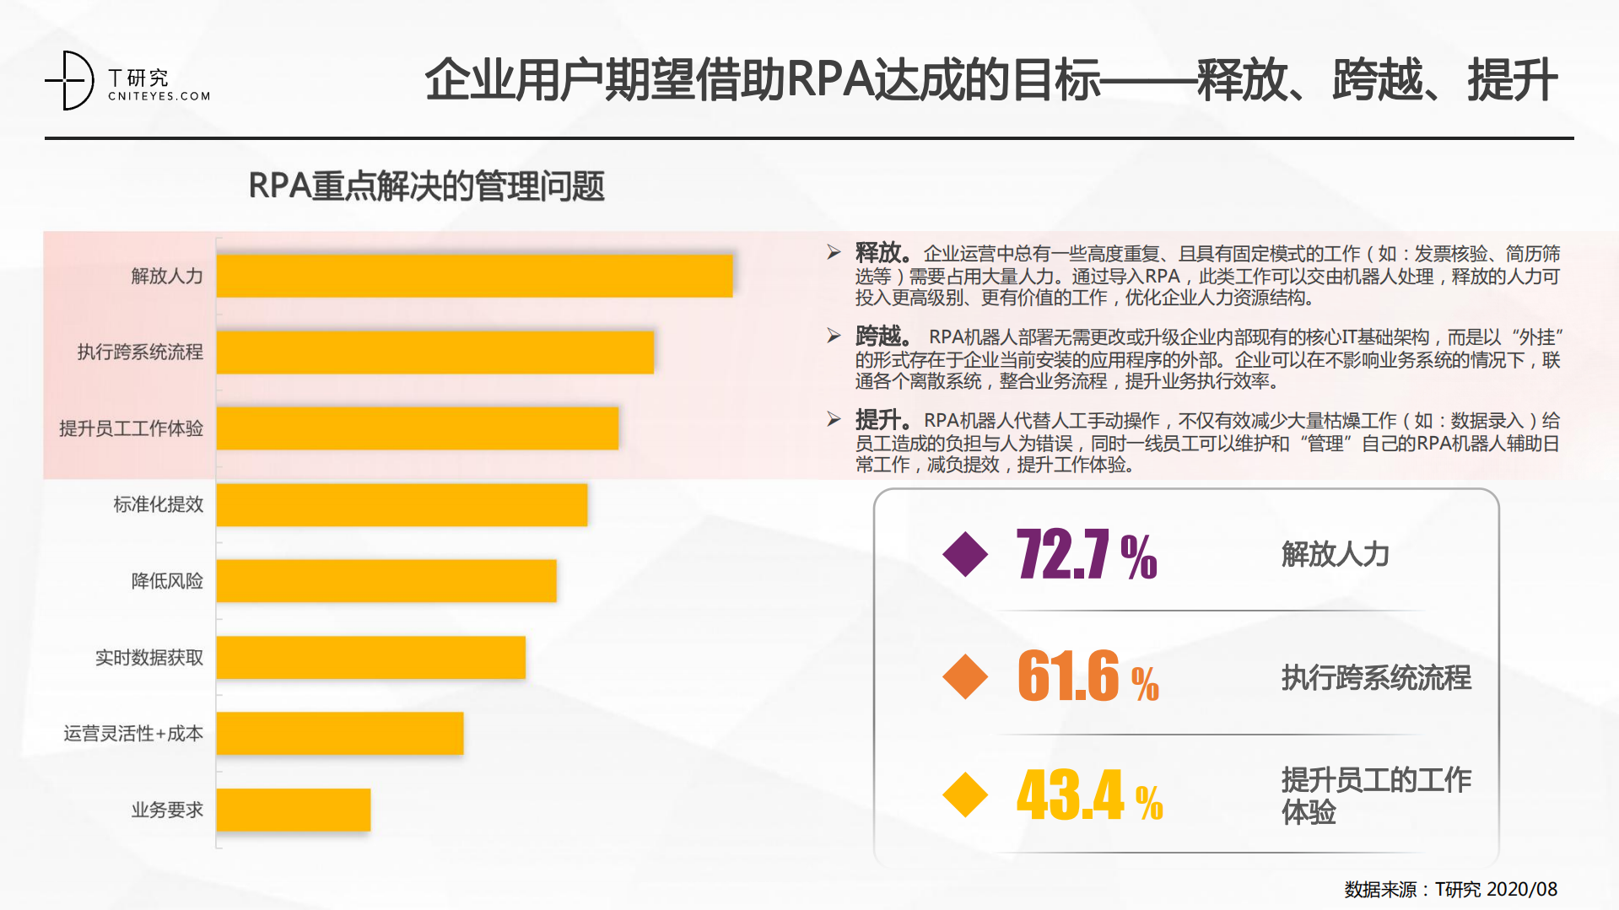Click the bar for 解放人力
(x=474, y=276)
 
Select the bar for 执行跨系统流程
(x=434, y=352)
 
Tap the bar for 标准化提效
(x=402, y=504)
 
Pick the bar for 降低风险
(x=386, y=580)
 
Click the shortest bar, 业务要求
(x=293, y=810)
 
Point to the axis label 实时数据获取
(x=148, y=657)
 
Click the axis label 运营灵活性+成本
(x=132, y=733)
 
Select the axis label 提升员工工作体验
(x=131, y=428)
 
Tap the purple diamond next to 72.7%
(x=965, y=554)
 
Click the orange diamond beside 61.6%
(x=965, y=676)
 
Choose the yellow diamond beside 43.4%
(x=965, y=794)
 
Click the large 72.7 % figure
(x=1086, y=554)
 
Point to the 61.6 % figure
(x=1087, y=676)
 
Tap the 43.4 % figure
(x=1088, y=794)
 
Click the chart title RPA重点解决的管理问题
(x=426, y=186)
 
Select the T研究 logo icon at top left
(x=71, y=80)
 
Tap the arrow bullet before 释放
(x=834, y=252)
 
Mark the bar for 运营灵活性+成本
(x=339, y=733)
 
